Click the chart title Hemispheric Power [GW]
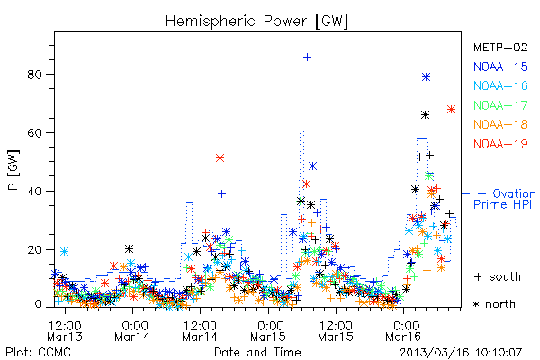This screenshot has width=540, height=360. click(x=256, y=22)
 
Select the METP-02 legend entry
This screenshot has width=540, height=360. click(x=500, y=47)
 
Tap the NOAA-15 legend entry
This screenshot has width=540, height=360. click(x=500, y=67)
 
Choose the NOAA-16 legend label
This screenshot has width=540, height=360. click(x=500, y=85)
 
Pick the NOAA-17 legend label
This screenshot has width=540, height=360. click(x=500, y=105)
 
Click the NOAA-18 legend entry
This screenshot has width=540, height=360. click(x=500, y=124)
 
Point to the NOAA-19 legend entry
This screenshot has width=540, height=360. click(x=500, y=144)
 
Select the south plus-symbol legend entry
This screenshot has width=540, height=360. click(x=498, y=276)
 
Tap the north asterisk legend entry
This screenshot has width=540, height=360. click(x=494, y=304)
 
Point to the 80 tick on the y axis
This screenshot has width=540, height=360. click(x=35, y=75)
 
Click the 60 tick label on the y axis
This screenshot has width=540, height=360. click(x=35, y=133)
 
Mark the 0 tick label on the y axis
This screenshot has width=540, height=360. click(x=38, y=304)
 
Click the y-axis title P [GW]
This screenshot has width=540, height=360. click(x=13, y=170)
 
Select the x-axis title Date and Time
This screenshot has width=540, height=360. click(x=257, y=352)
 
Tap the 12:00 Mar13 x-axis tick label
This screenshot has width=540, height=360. click(x=65, y=330)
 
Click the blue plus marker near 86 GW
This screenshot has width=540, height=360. click(x=307, y=58)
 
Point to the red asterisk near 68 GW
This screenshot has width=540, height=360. click(x=451, y=110)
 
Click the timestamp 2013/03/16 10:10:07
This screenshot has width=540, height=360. click(x=461, y=353)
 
